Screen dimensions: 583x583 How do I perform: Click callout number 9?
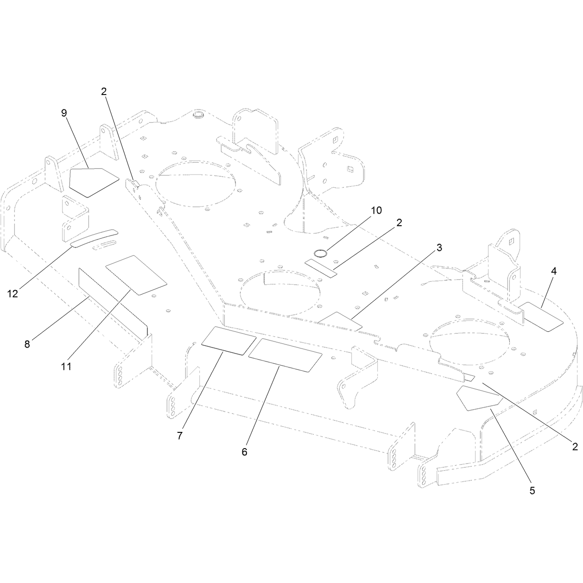64,113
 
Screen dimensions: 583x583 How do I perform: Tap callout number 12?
13,293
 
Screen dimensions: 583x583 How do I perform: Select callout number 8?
27,344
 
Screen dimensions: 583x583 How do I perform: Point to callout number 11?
66,367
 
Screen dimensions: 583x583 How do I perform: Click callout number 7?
180,436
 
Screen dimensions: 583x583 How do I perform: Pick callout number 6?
244,452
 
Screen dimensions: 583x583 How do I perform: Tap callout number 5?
532,490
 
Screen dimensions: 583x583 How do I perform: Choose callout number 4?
554,272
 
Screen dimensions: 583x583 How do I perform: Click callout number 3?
439,247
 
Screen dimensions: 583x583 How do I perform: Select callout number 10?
376,210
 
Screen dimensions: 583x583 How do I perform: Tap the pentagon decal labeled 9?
92,182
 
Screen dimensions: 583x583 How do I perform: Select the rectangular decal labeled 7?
229,341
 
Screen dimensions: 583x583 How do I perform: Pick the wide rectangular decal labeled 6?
285,355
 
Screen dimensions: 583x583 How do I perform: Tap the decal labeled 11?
136,275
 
